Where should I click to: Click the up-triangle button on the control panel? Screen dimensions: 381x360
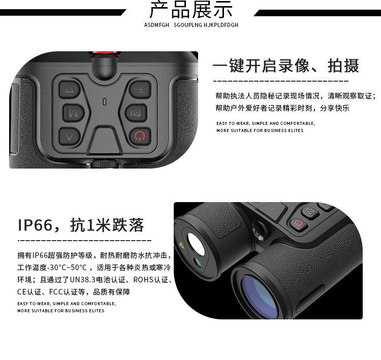(70, 89)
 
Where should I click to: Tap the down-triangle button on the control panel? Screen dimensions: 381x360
(70, 137)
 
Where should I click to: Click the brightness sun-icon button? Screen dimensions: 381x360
(140, 89)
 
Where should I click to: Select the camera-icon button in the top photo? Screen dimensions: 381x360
(136, 113)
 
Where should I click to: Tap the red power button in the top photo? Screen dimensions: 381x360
(140, 136)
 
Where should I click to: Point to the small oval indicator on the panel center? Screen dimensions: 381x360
(105, 102)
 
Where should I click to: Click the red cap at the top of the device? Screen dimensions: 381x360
(105, 53)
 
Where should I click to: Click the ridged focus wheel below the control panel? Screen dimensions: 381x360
(105, 163)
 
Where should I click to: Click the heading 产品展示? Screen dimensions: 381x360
(190, 10)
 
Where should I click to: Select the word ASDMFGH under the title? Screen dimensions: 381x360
(156, 25)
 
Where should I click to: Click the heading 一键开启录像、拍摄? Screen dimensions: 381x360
(285, 66)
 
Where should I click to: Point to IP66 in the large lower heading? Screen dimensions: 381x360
(35, 225)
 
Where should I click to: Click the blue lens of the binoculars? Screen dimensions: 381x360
(259, 297)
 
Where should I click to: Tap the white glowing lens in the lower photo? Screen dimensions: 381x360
(196, 244)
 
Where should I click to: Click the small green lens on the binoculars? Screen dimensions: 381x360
(198, 263)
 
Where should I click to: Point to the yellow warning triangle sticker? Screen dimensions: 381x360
(181, 245)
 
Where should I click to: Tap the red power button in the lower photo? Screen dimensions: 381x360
(298, 223)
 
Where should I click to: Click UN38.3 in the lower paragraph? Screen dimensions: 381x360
(83, 280)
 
